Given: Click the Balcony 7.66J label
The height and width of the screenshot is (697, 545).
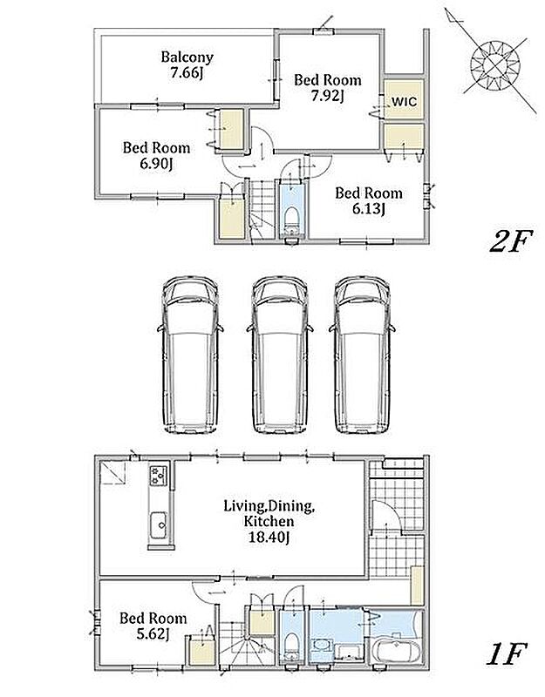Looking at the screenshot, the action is [187, 64].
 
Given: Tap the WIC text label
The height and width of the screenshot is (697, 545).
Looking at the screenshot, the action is [405, 102].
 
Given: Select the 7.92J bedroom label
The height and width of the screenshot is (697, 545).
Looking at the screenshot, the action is [328, 88].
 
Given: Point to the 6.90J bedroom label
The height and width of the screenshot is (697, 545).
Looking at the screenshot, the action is [156, 156].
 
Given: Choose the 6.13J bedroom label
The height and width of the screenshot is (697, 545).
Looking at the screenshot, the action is [368, 200].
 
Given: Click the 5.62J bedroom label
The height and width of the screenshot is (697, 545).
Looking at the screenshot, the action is [153, 626].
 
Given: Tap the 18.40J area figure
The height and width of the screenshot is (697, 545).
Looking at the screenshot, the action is [269, 538].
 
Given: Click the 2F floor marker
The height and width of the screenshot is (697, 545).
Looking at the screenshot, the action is [511, 242].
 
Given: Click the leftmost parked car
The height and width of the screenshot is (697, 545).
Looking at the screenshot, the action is [190, 355].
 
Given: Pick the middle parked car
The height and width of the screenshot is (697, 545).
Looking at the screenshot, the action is [279, 355].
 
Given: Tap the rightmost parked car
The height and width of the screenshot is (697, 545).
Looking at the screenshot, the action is [362, 355].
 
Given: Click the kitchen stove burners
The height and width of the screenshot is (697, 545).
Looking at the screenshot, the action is [159, 475].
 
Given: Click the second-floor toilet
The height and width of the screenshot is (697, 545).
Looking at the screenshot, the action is [292, 219].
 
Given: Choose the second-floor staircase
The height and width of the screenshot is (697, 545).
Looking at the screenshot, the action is [261, 210].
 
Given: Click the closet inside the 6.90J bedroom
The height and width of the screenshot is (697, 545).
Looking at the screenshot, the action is [232, 129].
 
